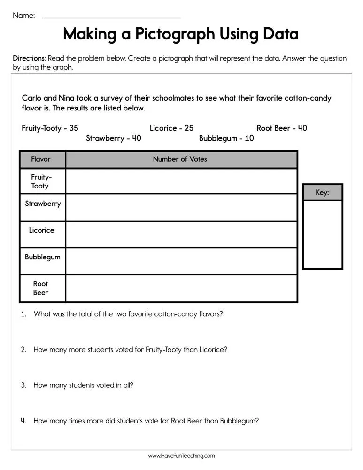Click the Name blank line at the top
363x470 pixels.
point(111,17)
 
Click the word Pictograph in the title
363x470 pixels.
point(173,34)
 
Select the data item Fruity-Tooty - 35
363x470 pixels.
point(50,128)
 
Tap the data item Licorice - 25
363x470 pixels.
point(171,128)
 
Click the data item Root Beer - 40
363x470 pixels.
point(281,128)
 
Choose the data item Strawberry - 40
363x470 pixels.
point(113,138)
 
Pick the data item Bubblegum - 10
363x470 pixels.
point(226,138)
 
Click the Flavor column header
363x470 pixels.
point(41,159)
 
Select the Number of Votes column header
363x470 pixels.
point(180,159)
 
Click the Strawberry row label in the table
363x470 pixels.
point(43,204)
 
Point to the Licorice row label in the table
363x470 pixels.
point(41,230)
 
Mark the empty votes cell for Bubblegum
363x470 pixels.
point(181,261)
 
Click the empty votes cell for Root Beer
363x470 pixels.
point(181,288)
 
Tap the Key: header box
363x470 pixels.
point(322,193)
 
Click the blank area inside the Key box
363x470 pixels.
point(322,234)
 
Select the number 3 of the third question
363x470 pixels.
point(23,385)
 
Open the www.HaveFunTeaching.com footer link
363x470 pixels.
point(181,456)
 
